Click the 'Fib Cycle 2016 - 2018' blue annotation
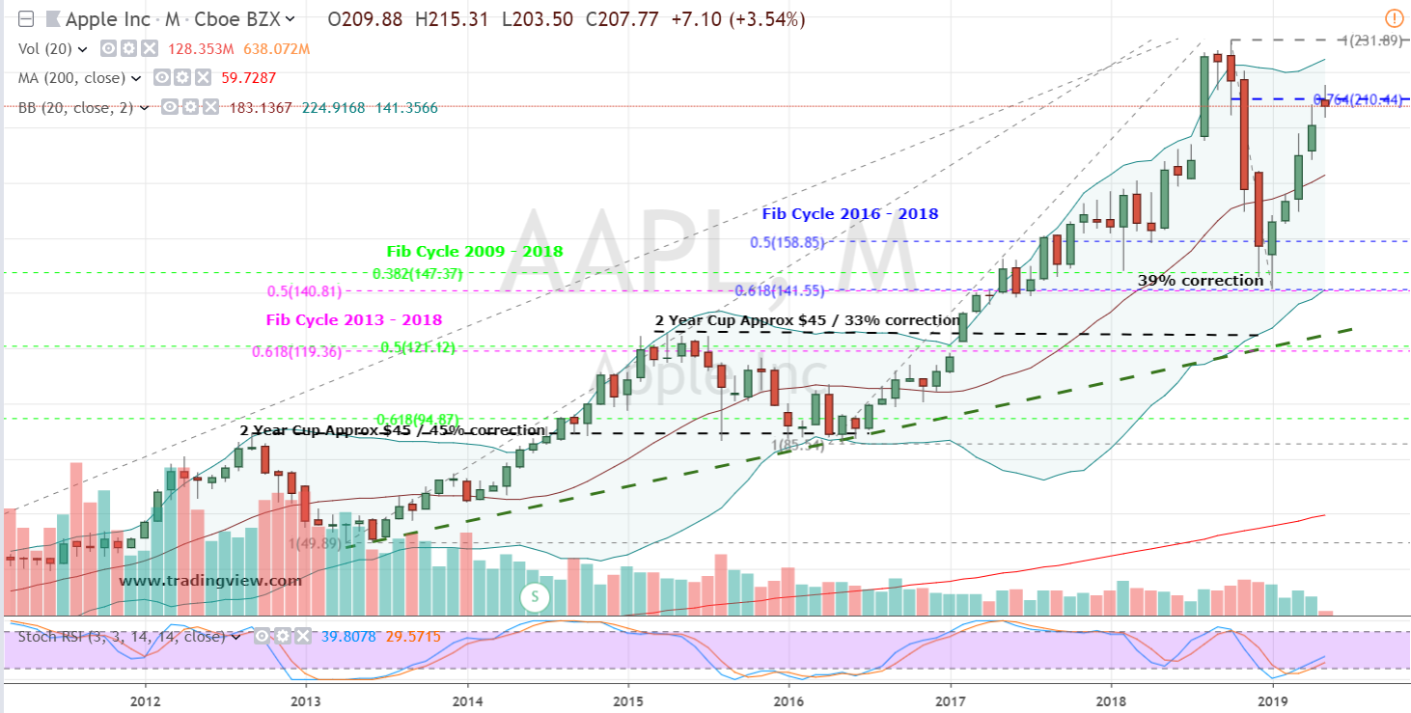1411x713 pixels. (849, 214)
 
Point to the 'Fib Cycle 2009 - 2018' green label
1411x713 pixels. (475, 252)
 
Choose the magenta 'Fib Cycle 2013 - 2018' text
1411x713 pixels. (354, 320)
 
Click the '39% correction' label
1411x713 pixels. (1200, 281)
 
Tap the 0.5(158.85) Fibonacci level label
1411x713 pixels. (788, 243)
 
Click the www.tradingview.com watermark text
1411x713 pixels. (210, 581)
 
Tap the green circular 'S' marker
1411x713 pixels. (534, 596)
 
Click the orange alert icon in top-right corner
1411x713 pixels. (1394, 17)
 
